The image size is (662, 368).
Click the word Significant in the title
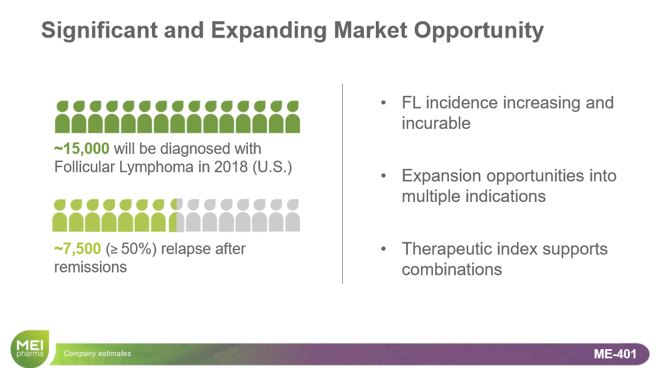point(99,30)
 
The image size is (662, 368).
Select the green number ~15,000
point(82,149)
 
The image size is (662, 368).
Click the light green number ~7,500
point(77,249)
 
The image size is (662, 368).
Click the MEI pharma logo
point(30,349)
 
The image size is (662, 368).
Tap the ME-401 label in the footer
point(615,354)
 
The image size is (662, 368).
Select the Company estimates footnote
point(97,353)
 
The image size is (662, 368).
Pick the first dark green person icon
point(62,117)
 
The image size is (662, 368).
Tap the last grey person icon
point(292,216)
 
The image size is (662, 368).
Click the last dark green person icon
point(292,117)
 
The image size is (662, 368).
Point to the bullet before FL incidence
point(383,103)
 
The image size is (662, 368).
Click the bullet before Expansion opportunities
point(383,176)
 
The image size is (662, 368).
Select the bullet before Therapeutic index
point(383,249)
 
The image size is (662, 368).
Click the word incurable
point(436,123)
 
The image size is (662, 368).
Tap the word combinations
point(452,269)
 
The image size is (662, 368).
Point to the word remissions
point(90,267)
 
